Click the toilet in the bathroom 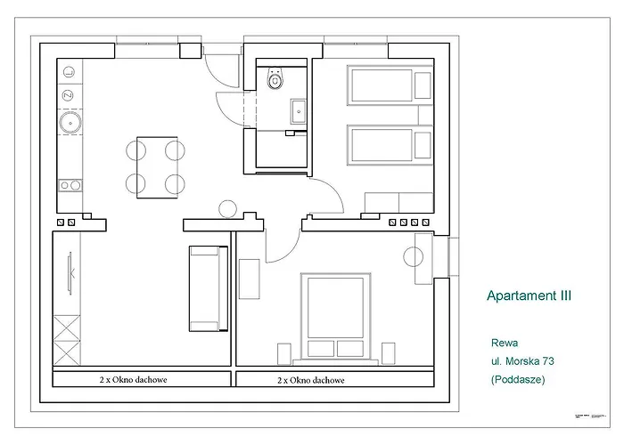[x=275, y=80]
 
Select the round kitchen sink [x=70, y=123]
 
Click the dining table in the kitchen [x=156, y=166]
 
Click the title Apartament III [x=529, y=295]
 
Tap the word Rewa [x=504, y=342]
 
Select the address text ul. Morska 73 [x=529, y=360]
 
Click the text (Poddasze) [x=517, y=379]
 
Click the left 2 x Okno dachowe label [x=134, y=379]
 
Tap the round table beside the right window [x=415, y=257]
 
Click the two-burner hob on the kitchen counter [x=70, y=185]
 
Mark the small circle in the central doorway [x=227, y=209]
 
